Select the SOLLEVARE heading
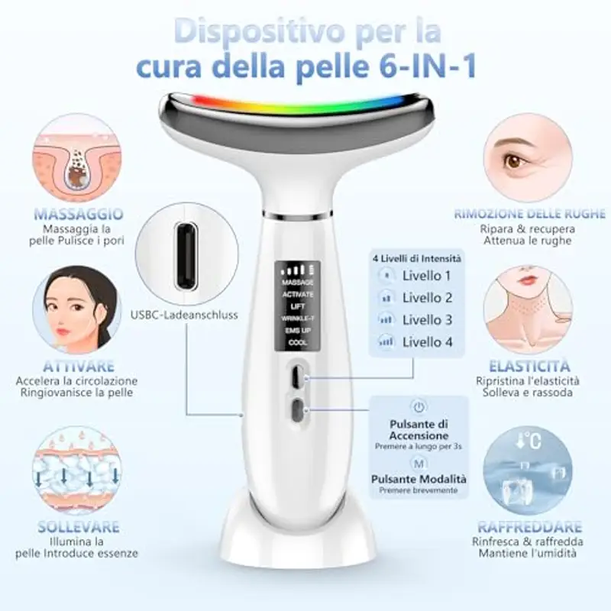(79, 527)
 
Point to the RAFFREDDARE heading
(529, 527)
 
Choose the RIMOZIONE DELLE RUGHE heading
(529, 214)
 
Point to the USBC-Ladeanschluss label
(185, 314)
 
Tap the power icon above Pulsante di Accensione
(418, 406)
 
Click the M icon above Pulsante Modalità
(418, 463)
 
